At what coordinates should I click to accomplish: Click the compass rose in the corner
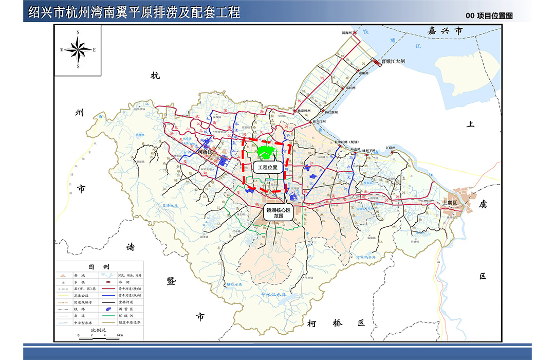78,50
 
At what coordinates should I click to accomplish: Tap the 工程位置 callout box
267,167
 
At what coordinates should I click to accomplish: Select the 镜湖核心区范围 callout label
278,214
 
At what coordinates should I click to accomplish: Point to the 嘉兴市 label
445,31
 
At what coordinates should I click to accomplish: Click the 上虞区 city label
452,203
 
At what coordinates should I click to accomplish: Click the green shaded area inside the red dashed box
266,152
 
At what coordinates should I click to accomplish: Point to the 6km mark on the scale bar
119,335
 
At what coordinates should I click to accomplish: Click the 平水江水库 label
273,295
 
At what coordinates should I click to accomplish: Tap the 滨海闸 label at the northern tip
346,32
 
